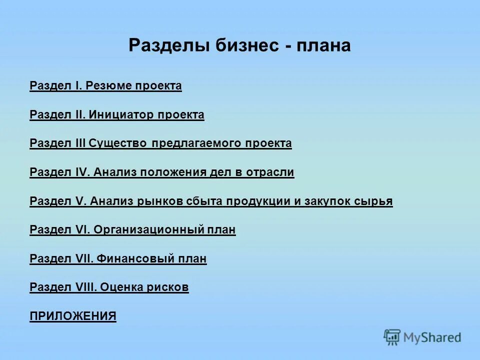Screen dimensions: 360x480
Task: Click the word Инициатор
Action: tap(122, 115)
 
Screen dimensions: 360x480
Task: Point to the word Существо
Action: tap(118, 143)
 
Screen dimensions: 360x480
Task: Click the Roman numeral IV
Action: tap(81, 172)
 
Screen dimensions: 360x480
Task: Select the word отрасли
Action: tap(270, 172)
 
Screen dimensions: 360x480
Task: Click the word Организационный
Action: tap(148, 230)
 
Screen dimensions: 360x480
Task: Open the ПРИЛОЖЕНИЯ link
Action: tap(73, 316)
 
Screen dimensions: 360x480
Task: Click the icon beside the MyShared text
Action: tap(392, 337)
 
